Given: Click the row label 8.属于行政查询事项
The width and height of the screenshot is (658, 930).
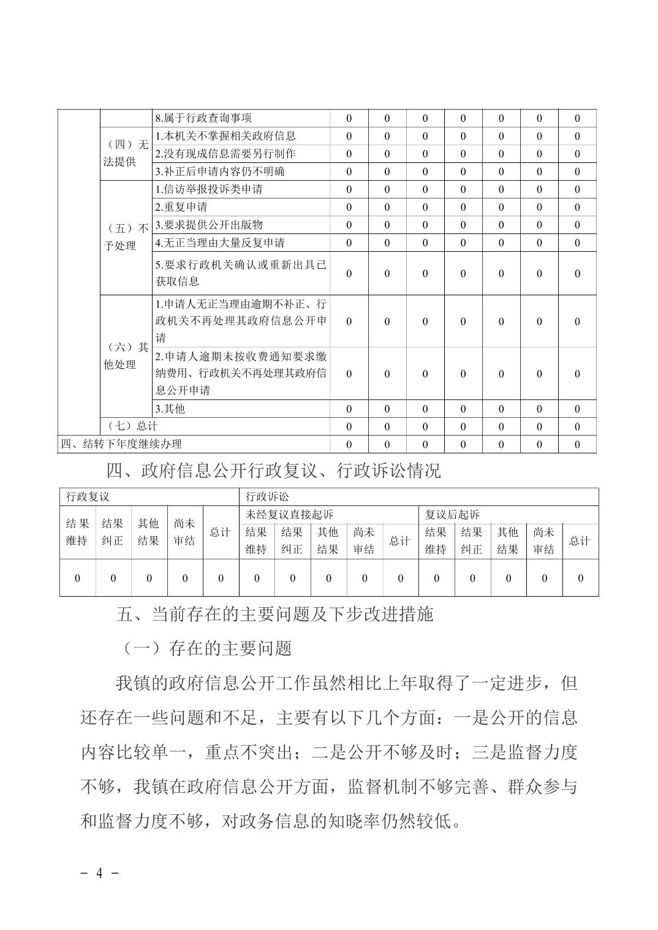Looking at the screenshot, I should pos(203,118).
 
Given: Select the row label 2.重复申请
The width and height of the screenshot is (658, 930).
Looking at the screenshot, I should pos(181,207).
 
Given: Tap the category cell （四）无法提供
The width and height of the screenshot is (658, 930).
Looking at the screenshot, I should pos(126,153).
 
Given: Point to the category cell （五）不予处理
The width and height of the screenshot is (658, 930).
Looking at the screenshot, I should pos(126,237).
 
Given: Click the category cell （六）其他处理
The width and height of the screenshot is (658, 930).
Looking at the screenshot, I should pos(126,356).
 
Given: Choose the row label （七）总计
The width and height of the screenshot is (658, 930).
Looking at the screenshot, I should pos(132,426).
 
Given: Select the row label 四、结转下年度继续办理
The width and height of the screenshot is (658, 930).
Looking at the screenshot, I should pos(121,444).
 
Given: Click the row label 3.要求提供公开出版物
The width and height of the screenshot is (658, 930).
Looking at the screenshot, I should pos(208,225).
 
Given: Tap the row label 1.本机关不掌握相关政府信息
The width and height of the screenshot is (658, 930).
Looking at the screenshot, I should pos(225,136).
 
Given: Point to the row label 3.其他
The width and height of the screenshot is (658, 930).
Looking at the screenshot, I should pos(170,408).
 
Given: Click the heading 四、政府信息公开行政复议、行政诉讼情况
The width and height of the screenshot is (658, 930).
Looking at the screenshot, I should pos(273,471).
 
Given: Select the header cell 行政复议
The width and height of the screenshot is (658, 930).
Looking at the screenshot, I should pos(88,497).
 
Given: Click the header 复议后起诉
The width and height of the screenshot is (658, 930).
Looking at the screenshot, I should pos(452,515).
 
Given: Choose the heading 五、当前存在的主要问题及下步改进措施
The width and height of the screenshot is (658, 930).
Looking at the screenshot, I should pos(275,614).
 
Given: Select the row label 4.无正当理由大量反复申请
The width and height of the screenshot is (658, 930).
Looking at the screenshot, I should pos(219,243).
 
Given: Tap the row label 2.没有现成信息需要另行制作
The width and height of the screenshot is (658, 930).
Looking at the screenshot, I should pos(225,154).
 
